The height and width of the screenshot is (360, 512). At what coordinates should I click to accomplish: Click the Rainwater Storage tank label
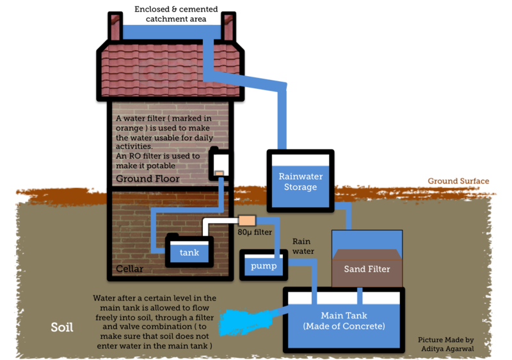(300, 182)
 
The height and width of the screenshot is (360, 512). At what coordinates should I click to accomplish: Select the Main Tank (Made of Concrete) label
(344, 320)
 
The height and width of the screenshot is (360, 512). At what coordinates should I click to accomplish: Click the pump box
(264, 265)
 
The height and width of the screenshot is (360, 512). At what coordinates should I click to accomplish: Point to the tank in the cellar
(189, 251)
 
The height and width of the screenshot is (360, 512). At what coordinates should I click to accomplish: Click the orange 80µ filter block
(247, 221)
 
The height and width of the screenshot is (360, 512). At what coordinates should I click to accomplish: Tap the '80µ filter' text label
(255, 232)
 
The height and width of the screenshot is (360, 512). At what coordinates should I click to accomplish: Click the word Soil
(61, 327)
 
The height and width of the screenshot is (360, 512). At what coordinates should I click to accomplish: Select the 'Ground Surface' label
(458, 181)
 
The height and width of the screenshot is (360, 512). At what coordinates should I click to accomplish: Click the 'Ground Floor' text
(148, 178)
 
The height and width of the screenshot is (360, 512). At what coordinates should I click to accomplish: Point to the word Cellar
(130, 269)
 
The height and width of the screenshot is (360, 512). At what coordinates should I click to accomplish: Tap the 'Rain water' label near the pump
(303, 246)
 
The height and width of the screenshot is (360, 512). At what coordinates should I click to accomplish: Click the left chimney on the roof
(115, 26)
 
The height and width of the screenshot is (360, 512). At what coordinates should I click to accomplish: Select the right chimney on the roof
(228, 26)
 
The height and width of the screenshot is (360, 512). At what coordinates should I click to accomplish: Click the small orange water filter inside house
(219, 173)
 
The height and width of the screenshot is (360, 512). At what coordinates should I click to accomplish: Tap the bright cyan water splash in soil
(245, 322)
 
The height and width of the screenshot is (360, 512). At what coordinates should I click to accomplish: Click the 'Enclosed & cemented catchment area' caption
(176, 13)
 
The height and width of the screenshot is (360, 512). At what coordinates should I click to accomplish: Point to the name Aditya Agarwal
(447, 348)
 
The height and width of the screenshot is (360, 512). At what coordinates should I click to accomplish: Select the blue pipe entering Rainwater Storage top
(282, 118)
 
